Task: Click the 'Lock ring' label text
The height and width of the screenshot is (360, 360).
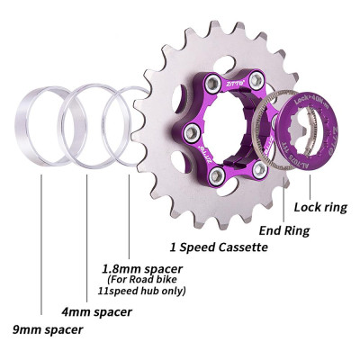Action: coord(319,207)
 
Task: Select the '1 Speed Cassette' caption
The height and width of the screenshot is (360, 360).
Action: coord(220,247)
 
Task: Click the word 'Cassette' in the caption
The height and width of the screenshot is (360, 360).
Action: coord(242,247)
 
